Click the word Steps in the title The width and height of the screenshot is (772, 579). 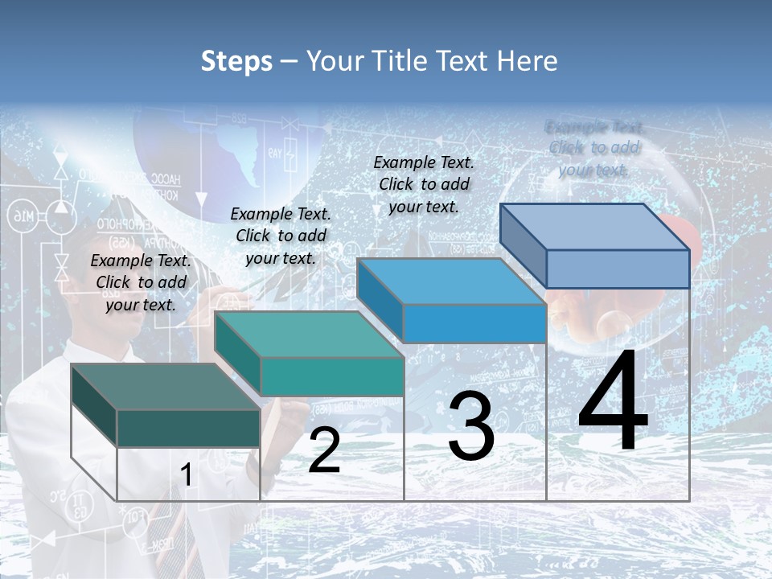236,61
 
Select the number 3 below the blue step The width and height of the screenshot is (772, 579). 470,427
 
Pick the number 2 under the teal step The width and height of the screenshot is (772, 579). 324,450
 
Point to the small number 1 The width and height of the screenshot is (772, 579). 186,475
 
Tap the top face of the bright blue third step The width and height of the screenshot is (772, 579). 450,282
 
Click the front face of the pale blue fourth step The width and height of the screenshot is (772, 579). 617,269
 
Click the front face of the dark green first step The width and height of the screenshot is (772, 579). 188,428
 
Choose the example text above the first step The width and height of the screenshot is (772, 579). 141,282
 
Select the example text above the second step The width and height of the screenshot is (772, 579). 281,236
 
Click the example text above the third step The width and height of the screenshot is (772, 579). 424,184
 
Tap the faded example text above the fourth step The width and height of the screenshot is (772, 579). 593,148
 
